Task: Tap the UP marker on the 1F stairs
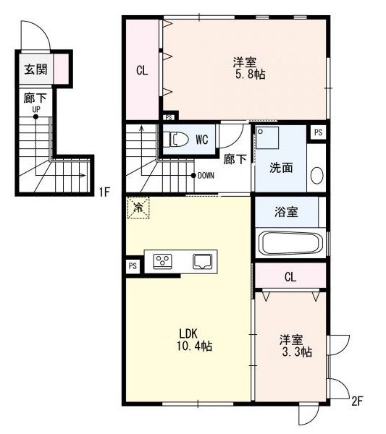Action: pyautogui.click(x=35, y=110)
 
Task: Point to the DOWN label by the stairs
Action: pyautogui.click(x=206, y=175)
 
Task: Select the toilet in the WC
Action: pyautogui.click(x=173, y=138)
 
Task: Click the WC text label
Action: pyautogui.click(x=201, y=139)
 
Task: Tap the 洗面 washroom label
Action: pyautogui.click(x=281, y=168)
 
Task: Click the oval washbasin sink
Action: pyautogui.click(x=316, y=175)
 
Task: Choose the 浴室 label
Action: pyautogui.click(x=285, y=212)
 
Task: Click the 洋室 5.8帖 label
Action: pyautogui.click(x=246, y=67)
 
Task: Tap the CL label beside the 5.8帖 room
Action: pyautogui.click(x=142, y=71)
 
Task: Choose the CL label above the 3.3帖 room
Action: pyautogui.click(x=290, y=276)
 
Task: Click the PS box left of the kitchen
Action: pyautogui.click(x=133, y=266)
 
